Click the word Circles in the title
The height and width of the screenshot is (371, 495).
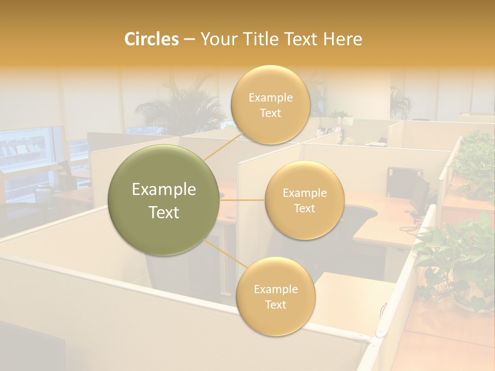(x=152, y=39)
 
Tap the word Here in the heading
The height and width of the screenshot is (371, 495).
(x=342, y=39)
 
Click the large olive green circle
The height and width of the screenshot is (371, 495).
(x=164, y=200)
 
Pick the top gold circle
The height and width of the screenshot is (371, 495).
(x=270, y=105)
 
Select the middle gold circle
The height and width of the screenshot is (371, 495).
(x=304, y=200)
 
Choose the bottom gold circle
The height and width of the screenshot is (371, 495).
(x=275, y=297)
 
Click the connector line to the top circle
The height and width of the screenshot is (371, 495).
(x=223, y=146)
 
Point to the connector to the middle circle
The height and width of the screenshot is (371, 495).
(x=242, y=200)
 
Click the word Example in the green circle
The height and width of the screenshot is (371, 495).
(x=164, y=189)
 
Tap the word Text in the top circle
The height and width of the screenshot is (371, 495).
(x=270, y=113)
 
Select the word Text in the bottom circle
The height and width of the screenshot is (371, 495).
(x=275, y=305)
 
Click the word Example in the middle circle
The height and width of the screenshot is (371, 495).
(x=304, y=193)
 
